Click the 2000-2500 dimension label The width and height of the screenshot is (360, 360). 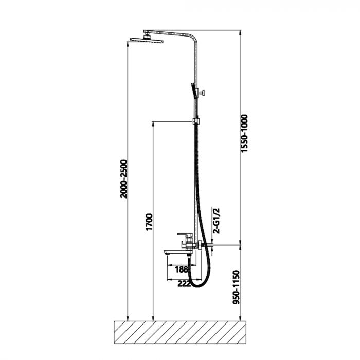point(123,179)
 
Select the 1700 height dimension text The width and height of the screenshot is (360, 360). point(149,222)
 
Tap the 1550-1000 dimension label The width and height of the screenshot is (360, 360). point(244,133)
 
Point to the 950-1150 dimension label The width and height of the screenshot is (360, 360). point(236,287)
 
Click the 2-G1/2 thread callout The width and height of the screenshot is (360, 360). point(216,221)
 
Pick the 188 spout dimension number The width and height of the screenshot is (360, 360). point(182,269)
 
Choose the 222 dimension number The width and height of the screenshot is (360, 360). point(184,284)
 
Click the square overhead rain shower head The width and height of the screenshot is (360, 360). point(147,40)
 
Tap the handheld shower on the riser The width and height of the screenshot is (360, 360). point(193,91)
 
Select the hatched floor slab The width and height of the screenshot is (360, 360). point(180,332)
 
